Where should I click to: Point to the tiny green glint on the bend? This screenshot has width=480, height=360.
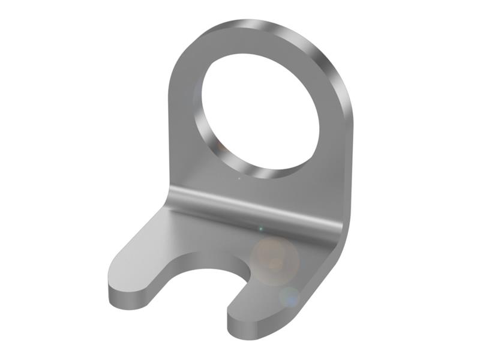pos(260,228)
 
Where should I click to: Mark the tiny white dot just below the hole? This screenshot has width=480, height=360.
pos(239,178)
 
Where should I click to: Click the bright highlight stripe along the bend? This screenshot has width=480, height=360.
pos(252,207)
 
